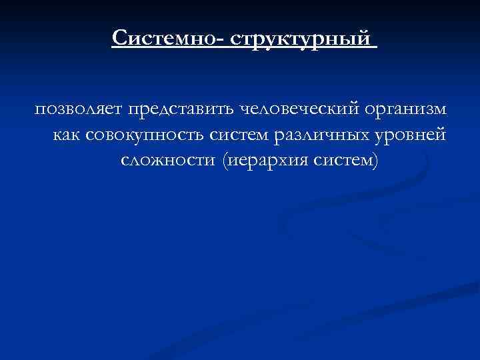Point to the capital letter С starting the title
(x=119, y=37)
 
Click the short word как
(x=65, y=135)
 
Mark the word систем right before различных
(x=233, y=135)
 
